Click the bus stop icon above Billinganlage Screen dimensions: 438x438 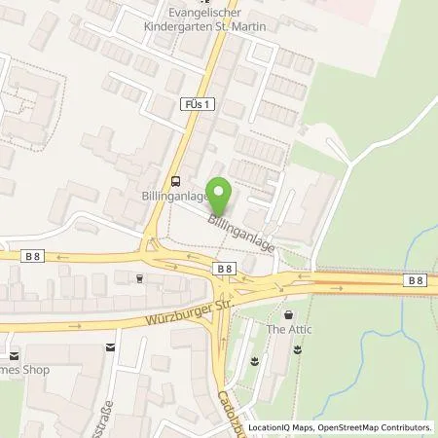[x=174, y=180]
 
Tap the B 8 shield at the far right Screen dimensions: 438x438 [x=417, y=280]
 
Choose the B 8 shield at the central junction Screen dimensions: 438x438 [x=224, y=268]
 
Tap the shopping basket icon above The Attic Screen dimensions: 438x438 [x=288, y=315]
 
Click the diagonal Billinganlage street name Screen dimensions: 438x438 [x=239, y=234]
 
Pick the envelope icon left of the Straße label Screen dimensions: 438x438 [x=109, y=346]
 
